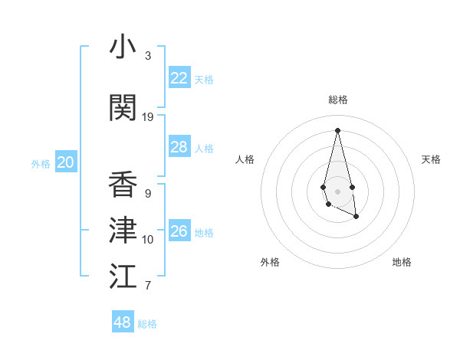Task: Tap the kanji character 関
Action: pos(123,108)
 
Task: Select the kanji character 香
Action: pos(123,185)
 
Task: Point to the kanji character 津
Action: pos(123,231)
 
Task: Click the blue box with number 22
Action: pos(179,78)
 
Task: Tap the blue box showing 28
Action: pos(179,147)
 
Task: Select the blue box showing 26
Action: pos(179,231)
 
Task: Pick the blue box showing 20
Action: pos(66,162)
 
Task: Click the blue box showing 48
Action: pos(123,322)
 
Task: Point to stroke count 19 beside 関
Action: pos(148,117)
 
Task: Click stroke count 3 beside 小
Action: pos(148,56)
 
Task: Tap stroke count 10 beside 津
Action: pos(148,240)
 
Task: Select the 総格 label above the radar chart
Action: pos(338,100)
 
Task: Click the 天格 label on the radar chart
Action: pos(431,159)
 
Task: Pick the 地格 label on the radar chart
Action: pos(402,262)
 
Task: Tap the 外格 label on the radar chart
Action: pos(270,262)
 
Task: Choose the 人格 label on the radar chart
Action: pos(245,159)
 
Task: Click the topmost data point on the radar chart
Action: pos(338,129)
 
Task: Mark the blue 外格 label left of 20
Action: pos(41,163)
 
